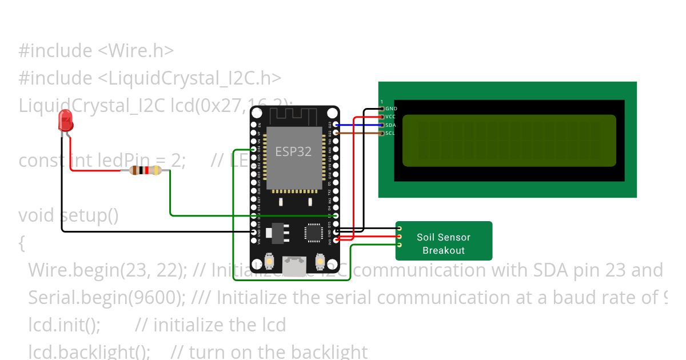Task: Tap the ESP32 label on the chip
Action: point(293,151)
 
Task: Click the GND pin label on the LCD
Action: point(391,108)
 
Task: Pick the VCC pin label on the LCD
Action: point(391,117)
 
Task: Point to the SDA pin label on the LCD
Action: point(391,125)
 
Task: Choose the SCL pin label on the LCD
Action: point(391,133)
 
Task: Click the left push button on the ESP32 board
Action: point(269,262)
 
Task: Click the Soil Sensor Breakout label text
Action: point(444,244)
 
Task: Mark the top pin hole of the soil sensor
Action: point(399,228)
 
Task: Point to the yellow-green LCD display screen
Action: point(509,141)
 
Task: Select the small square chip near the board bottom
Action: point(313,232)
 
